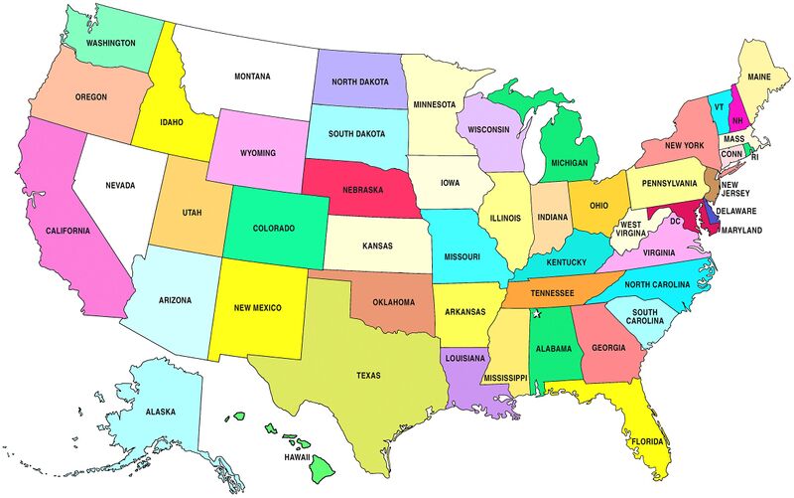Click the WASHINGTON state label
click(111, 44)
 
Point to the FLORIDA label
click(646, 440)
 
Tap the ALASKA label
click(160, 412)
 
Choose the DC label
click(675, 221)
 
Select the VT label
click(718, 106)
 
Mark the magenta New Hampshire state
click(736, 109)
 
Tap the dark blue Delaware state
click(708, 212)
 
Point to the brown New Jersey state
click(712, 180)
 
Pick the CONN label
click(732, 154)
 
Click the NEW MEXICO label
click(255, 308)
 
